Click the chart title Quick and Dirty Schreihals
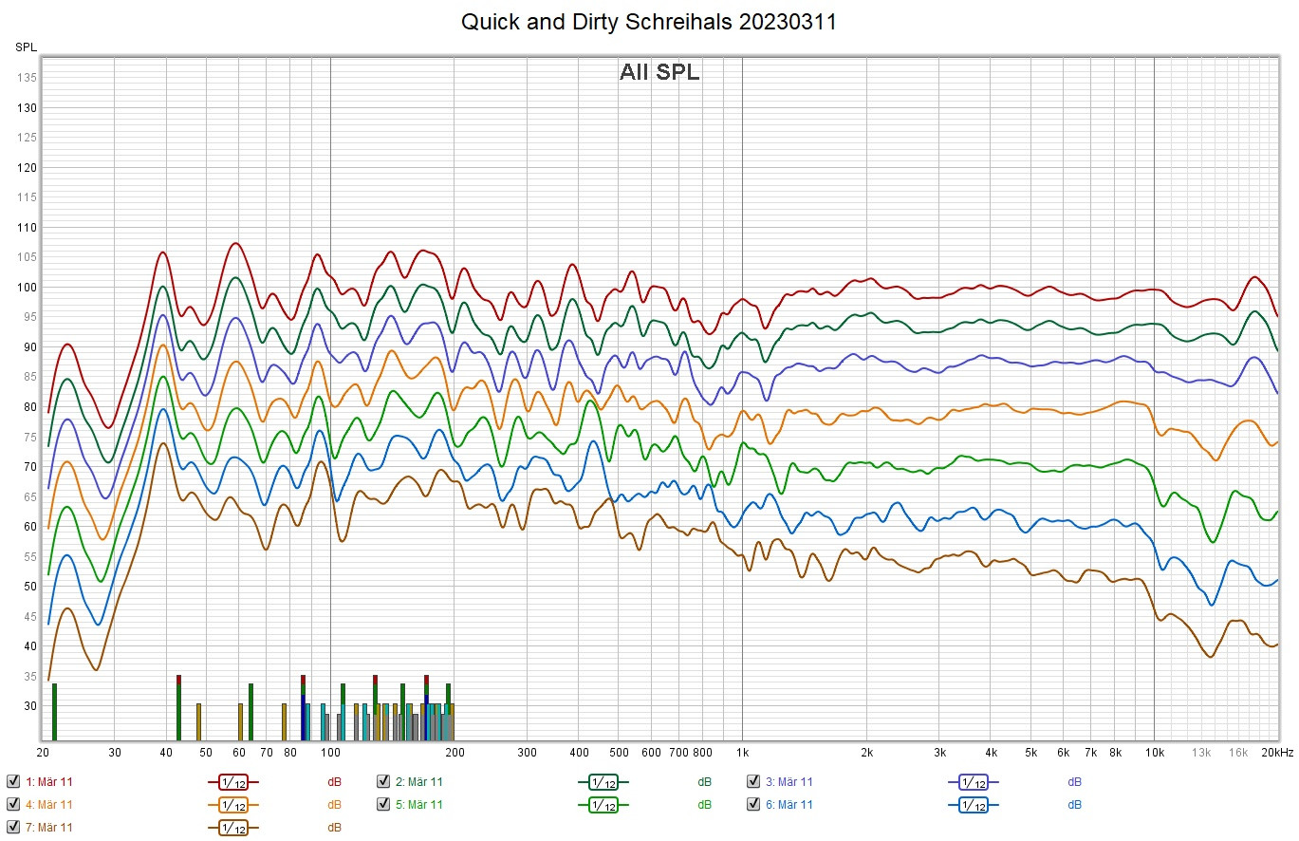(649, 22)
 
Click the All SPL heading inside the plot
(659, 72)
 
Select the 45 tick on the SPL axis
(28, 617)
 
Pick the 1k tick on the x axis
(742, 753)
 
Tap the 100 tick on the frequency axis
(330, 753)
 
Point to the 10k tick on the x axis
(1154, 753)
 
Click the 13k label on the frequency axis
(1201, 753)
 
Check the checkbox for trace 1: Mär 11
(12, 782)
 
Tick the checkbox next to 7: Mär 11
(12, 827)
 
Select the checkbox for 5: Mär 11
(382, 805)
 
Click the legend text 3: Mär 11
(789, 782)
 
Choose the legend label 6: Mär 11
(789, 805)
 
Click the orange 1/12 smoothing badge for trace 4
(233, 805)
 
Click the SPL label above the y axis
(25, 47)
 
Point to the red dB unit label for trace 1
(334, 782)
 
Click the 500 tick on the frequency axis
(618, 753)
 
